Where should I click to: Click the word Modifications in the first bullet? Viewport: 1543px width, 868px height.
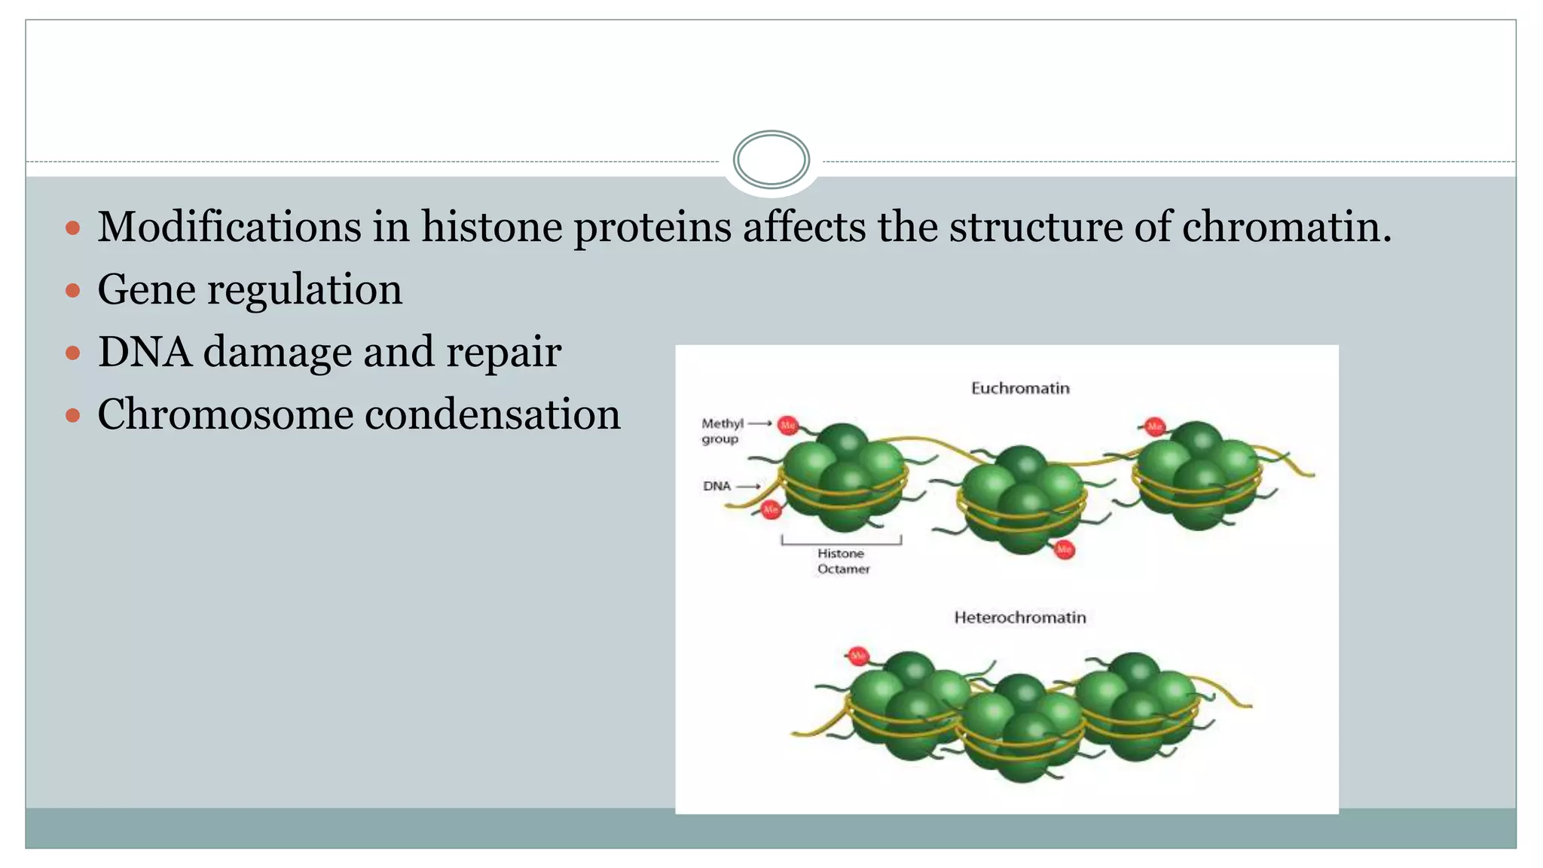tap(229, 226)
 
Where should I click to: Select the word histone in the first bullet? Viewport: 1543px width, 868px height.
tap(491, 226)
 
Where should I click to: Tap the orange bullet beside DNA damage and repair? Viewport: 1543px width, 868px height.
tap(73, 353)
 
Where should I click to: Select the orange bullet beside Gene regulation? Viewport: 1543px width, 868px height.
tap(73, 290)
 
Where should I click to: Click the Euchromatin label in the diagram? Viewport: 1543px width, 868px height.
tap(1020, 388)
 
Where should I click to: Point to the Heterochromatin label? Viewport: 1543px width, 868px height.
tap(1020, 618)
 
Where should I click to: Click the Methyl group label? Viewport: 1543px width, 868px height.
tap(722, 431)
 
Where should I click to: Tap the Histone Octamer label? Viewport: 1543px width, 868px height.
tap(843, 561)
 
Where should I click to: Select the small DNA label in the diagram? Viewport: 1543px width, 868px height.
tap(717, 486)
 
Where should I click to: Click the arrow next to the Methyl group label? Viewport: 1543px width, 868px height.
tap(759, 423)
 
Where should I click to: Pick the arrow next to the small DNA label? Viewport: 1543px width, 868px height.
tap(747, 487)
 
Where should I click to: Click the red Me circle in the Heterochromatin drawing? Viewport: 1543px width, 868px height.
tap(857, 656)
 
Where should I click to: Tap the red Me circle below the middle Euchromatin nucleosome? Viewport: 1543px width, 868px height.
tap(1064, 550)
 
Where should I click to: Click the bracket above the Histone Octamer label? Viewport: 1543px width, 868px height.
tap(841, 540)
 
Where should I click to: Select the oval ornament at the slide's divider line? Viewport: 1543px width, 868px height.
tap(771, 160)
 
